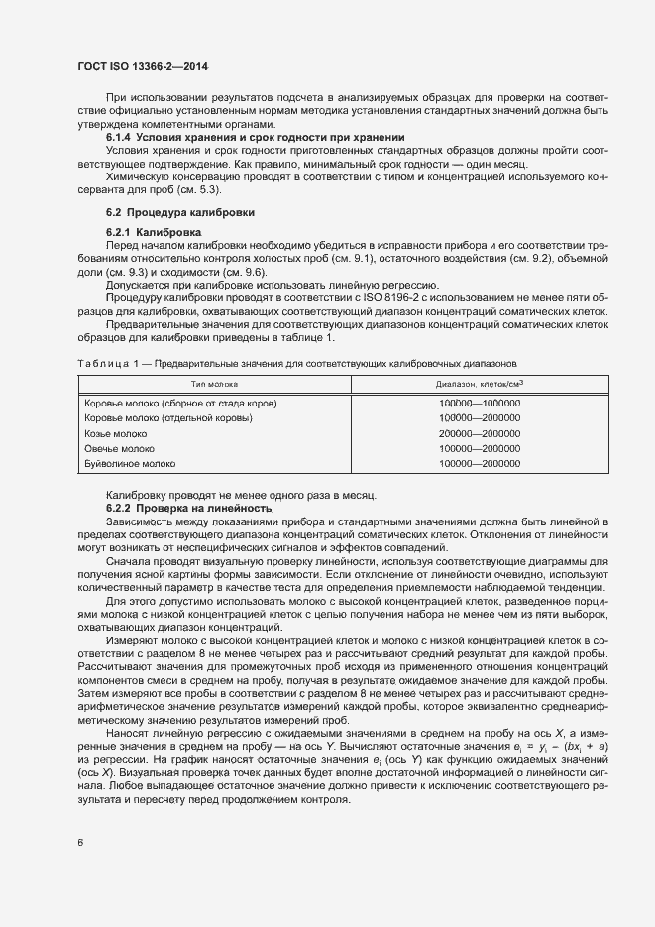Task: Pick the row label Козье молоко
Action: pyautogui.click(x=116, y=434)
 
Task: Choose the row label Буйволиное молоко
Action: pyautogui.click(x=130, y=463)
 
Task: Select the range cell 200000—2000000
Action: pyautogui.click(x=480, y=434)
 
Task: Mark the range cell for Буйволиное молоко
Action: pyautogui.click(x=480, y=463)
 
